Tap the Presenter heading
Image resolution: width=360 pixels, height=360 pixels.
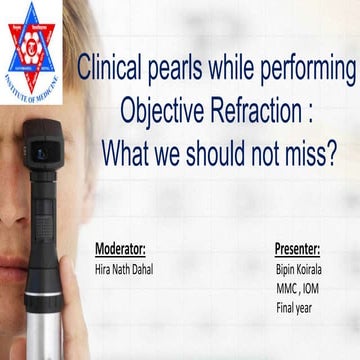coord(297,247)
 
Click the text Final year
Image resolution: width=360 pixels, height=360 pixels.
coord(293,308)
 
